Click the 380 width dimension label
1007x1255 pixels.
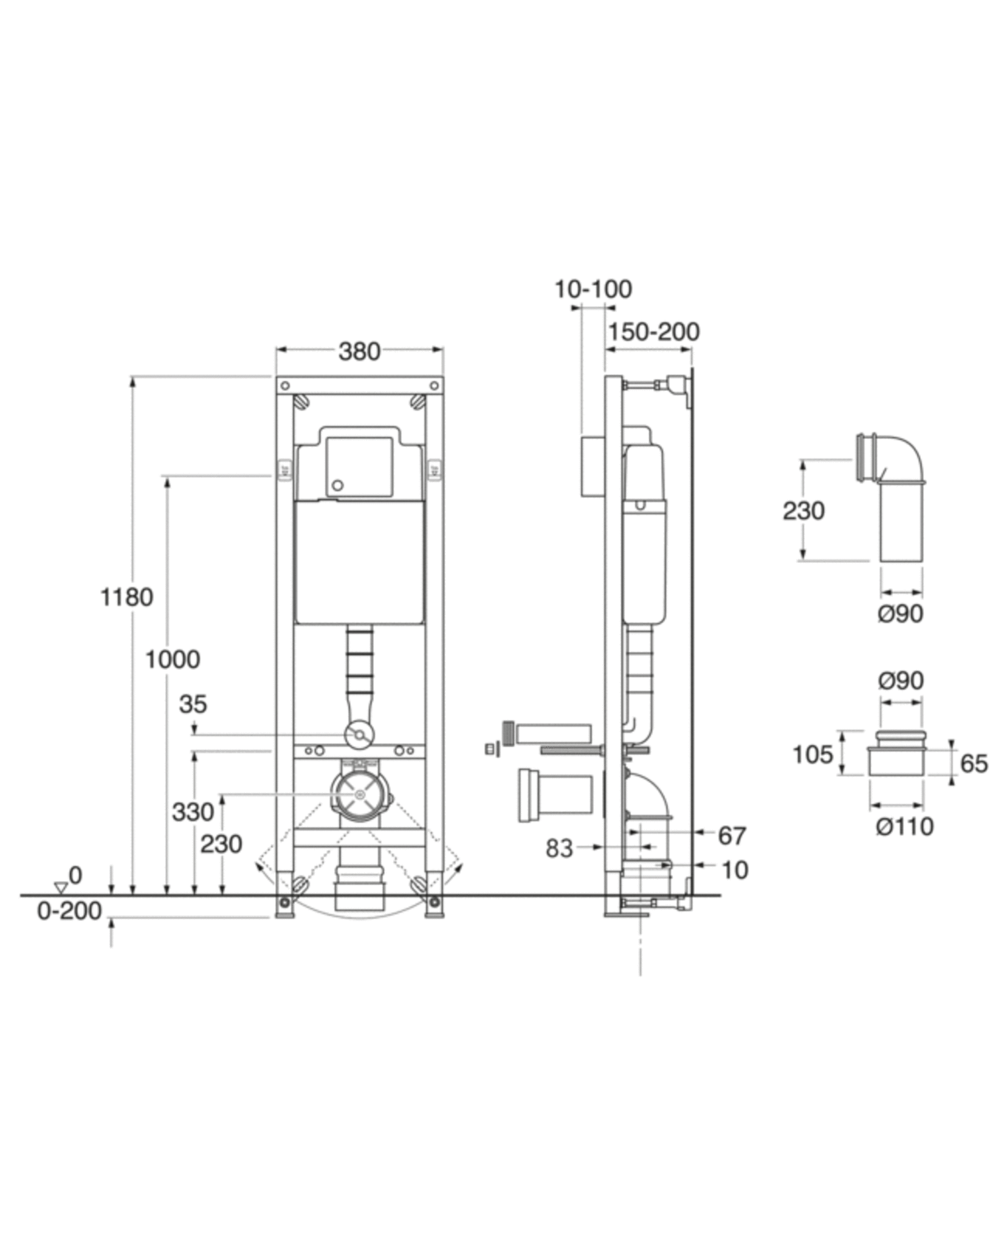tap(359, 351)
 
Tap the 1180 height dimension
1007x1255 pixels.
tap(127, 597)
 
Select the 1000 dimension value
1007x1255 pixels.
tap(173, 659)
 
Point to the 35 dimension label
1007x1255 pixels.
tap(193, 704)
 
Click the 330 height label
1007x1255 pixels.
tap(193, 812)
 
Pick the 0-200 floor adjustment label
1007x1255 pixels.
tap(69, 911)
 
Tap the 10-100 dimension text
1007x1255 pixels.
tap(593, 289)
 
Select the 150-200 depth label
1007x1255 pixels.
tap(654, 332)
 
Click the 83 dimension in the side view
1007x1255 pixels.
tap(559, 848)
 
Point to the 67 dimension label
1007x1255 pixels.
tap(732, 836)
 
